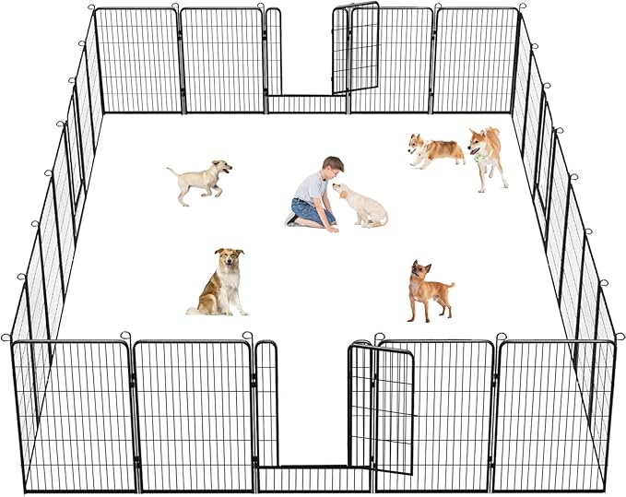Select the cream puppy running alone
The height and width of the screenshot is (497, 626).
point(200,180)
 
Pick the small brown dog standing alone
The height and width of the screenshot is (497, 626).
point(428,290)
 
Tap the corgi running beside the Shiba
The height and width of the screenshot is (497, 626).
point(435,150)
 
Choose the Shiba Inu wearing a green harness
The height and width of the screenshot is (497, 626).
point(487,155)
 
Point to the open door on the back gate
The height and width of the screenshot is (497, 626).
point(356,49)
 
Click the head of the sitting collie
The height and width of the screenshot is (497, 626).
point(229,260)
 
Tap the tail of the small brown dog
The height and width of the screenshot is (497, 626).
point(450,286)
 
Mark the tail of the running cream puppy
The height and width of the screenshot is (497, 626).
point(172,171)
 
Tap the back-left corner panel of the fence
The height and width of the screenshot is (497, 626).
point(138,60)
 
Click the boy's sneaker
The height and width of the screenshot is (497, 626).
point(292,219)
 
